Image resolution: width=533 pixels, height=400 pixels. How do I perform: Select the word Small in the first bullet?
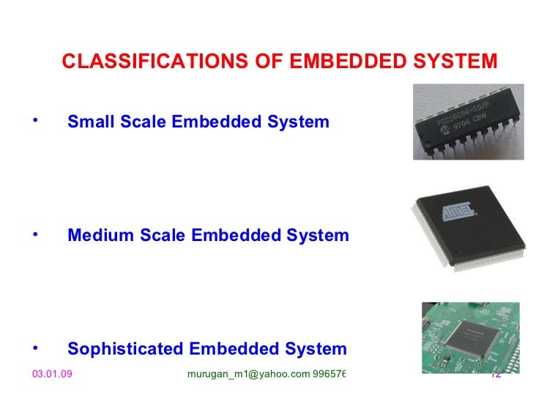point(87,122)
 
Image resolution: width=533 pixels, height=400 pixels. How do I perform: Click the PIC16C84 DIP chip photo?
point(468,122)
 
